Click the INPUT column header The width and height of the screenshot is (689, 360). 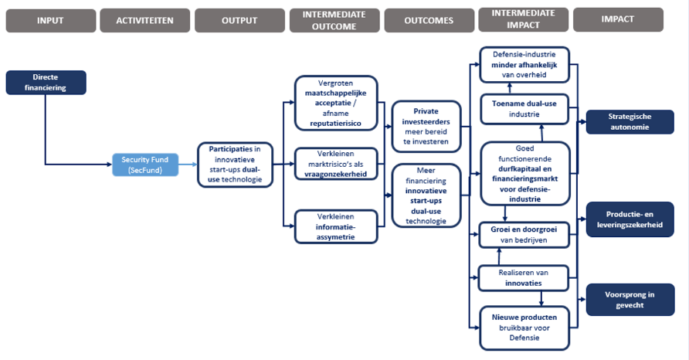click(x=50, y=21)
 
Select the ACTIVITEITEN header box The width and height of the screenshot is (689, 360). click(x=144, y=21)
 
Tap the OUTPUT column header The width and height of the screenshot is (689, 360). click(x=239, y=21)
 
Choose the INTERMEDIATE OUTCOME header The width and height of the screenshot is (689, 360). click(x=334, y=21)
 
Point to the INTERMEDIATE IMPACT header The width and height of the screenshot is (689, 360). click(x=524, y=19)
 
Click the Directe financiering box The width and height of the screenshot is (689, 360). click(x=46, y=83)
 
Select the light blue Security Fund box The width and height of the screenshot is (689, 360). click(x=145, y=165)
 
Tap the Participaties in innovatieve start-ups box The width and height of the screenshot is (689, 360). click(x=235, y=165)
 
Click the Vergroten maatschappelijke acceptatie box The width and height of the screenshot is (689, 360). click(x=336, y=104)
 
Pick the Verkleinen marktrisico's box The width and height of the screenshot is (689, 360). click(x=336, y=164)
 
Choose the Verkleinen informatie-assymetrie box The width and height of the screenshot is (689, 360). click(x=336, y=227)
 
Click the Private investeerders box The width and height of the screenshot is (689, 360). click(x=426, y=127)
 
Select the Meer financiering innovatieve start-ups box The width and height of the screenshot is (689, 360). click(x=426, y=195)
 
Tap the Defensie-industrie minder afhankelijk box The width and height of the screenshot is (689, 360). click(x=524, y=65)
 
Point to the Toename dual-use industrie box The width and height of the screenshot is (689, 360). click(x=524, y=109)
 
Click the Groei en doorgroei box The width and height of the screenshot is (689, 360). click(x=524, y=235)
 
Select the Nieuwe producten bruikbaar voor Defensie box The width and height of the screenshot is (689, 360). click(x=524, y=328)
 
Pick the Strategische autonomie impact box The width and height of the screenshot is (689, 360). click(x=630, y=122)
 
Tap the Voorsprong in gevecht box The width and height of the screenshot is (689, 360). click(x=630, y=300)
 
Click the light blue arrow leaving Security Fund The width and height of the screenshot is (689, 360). click(x=188, y=165)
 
